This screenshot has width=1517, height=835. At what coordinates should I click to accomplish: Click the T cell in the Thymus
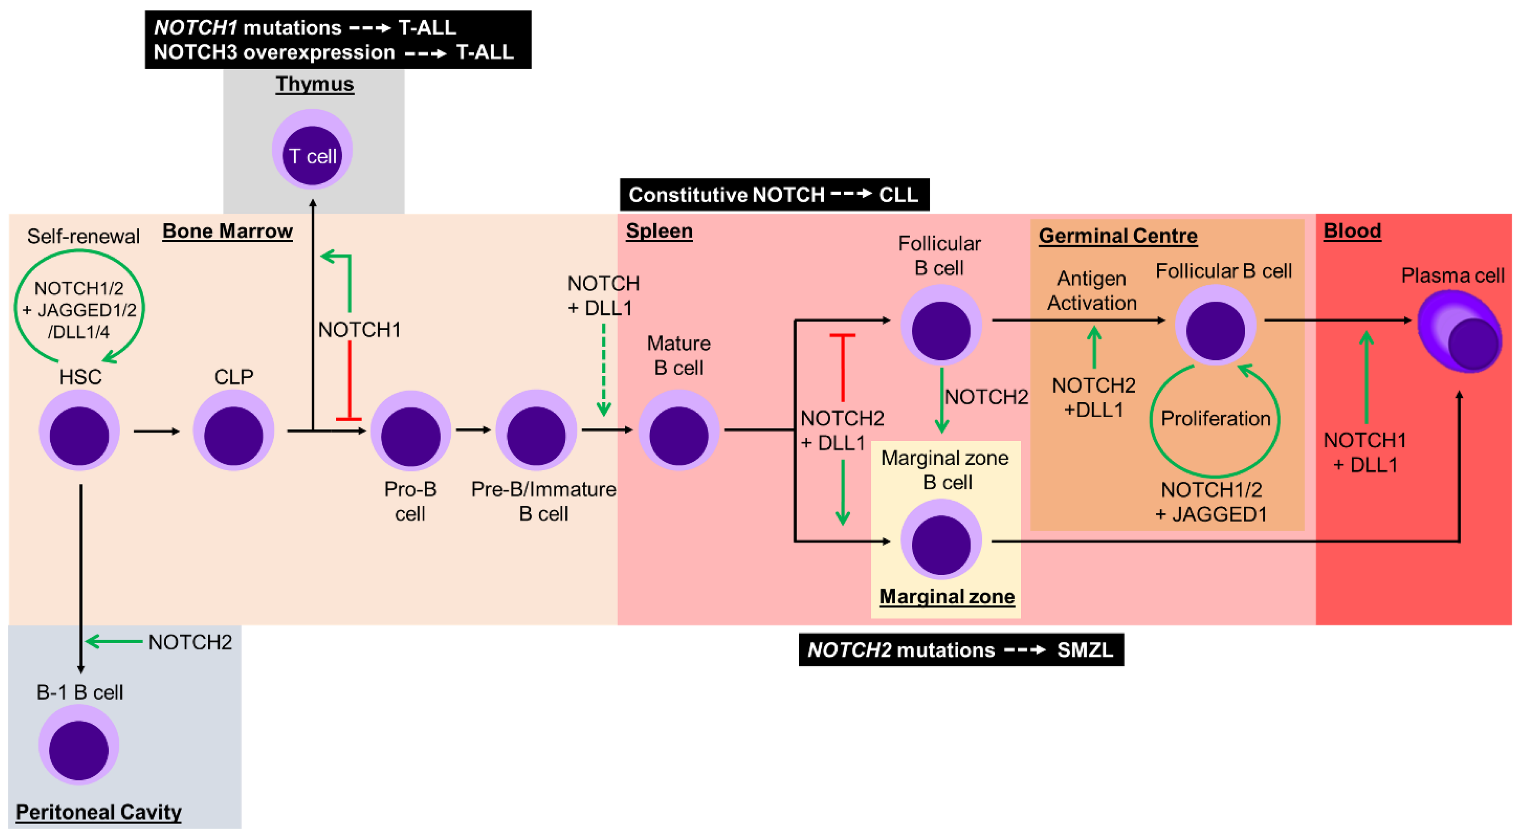(x=312, y=150)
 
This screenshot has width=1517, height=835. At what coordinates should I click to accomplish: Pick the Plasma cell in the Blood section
(x=1459, y=332)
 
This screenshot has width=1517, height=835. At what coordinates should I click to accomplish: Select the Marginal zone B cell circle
(x=941, y=539)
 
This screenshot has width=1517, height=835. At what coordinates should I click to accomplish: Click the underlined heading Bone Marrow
(x=227, y=231)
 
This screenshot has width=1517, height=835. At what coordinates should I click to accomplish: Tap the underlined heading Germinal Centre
(x=1118, y=236)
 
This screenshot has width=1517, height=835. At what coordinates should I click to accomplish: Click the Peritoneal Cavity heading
(x=98, y=812)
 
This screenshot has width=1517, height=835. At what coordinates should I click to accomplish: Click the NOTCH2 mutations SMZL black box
(x=961, y=650)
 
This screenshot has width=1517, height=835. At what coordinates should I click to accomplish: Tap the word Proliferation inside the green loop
(x=1215, y=418)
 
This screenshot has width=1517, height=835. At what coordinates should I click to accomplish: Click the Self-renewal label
(x=83, y=236)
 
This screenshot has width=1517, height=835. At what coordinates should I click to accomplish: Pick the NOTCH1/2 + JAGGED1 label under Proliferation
(x=1211, y=502)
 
